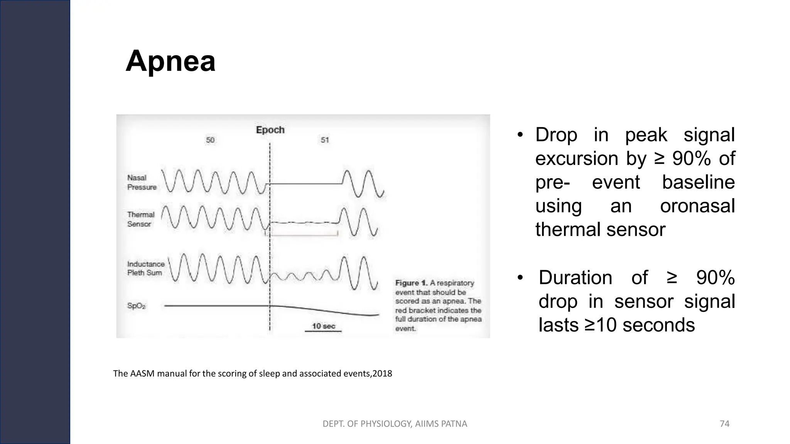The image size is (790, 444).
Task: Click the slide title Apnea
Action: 170,61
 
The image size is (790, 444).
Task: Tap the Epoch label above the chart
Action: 270,130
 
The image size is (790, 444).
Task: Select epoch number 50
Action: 210,140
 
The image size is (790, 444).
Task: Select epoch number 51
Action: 325,140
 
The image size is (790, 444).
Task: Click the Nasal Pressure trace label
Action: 142,182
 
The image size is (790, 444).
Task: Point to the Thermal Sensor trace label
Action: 140,219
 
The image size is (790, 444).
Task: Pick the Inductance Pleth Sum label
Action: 145,268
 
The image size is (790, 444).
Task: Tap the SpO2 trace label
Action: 137,306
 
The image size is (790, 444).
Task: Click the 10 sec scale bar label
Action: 323,326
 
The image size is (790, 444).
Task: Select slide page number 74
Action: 724,424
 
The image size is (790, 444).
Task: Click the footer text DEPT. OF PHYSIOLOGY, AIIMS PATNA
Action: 395,424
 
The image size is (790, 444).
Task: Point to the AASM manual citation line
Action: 252,373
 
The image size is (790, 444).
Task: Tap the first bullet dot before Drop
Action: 520,135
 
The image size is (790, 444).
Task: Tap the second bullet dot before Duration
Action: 520,277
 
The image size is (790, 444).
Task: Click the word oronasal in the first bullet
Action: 697,206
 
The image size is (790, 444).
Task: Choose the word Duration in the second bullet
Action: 575,277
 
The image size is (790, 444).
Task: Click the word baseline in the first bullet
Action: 698,182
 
